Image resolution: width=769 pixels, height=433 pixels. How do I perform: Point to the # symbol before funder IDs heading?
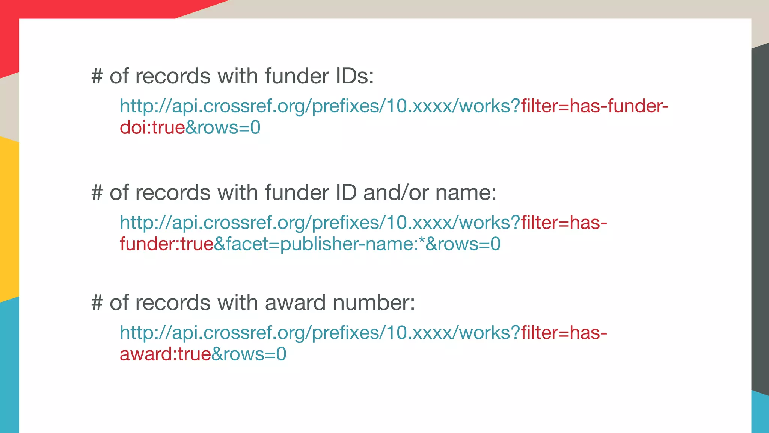tap(97, 76)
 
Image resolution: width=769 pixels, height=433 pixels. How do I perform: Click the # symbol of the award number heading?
tap(97, 303)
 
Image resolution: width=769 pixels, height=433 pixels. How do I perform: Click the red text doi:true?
tap(152, 127)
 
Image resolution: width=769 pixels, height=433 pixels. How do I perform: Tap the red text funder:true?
tap(166, 244)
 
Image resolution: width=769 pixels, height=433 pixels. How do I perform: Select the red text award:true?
tap(165, 354)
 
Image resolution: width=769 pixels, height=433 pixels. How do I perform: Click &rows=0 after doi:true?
tap(223, 127)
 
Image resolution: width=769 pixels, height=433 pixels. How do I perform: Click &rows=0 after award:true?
tap(249, 354)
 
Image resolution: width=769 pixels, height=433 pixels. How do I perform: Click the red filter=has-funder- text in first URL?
tap(594, 106)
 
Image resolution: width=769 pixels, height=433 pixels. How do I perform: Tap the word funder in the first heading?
tap(297, 76)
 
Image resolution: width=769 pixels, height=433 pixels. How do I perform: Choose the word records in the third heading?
tap(173, 303)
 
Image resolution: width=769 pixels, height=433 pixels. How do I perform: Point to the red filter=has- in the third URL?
tap(564, 333)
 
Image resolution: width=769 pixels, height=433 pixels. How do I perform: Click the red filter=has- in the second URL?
tap(564, 223)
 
